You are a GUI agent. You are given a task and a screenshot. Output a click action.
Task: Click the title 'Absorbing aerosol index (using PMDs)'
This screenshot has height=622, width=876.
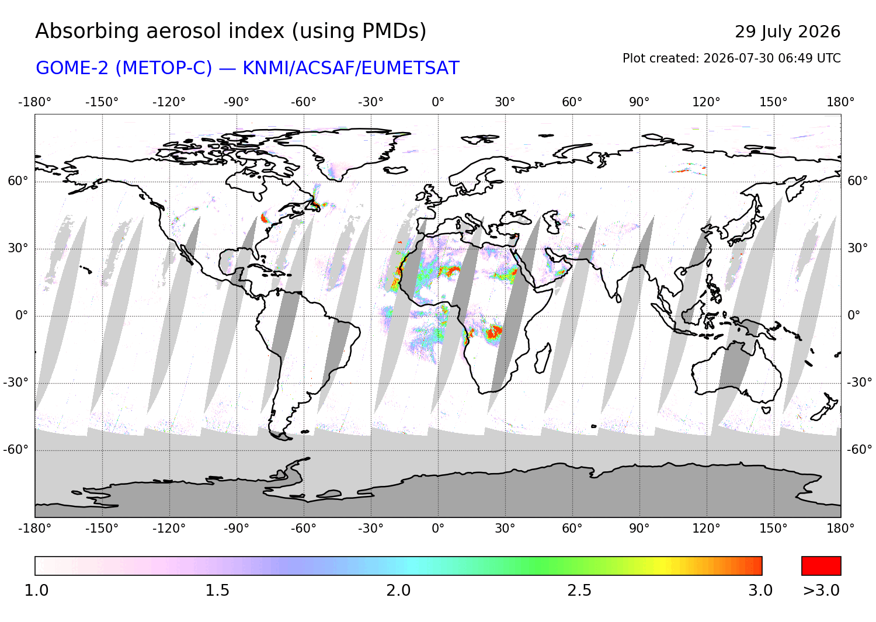pos(231,32)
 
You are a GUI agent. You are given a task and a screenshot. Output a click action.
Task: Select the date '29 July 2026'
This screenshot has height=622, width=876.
pos(787,32)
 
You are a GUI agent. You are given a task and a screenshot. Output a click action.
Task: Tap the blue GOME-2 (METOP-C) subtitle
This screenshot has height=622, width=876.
pos(247,68)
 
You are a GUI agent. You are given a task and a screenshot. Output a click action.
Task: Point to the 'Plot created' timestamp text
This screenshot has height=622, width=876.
pos(731,58)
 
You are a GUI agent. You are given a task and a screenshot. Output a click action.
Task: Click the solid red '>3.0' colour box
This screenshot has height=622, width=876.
pos(821,566)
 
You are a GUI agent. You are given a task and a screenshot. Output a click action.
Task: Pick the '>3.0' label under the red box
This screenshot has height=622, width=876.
pos(821,590)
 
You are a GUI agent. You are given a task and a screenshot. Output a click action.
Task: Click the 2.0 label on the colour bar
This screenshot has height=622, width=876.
pos(398,590)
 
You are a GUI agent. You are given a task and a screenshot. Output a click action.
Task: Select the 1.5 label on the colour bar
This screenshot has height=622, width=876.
pos(217,590)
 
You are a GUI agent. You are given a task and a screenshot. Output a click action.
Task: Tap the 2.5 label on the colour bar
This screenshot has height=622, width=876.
pos(579,590)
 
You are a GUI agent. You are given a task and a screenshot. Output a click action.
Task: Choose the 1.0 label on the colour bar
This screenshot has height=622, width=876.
pos(36,590)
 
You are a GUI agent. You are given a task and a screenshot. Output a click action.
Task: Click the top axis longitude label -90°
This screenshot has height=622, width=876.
pos(236,102)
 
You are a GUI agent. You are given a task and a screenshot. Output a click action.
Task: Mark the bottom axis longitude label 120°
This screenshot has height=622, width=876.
pos(706,529)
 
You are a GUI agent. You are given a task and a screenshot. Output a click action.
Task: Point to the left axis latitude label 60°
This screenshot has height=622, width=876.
pos(18,181)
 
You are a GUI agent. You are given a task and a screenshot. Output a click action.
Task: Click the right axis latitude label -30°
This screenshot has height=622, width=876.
pos(860,382)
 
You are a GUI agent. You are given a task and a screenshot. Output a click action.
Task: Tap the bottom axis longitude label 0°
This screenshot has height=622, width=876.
pos(438,529)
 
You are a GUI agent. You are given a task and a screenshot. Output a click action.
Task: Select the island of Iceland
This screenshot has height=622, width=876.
pos(395,170)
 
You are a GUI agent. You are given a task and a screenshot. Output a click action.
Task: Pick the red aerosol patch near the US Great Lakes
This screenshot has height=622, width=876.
pos(264,217)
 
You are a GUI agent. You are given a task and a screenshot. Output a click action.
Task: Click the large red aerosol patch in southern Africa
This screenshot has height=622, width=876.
pos(494,332)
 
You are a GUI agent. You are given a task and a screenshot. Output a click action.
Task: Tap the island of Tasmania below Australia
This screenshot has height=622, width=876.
pos(766,410)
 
